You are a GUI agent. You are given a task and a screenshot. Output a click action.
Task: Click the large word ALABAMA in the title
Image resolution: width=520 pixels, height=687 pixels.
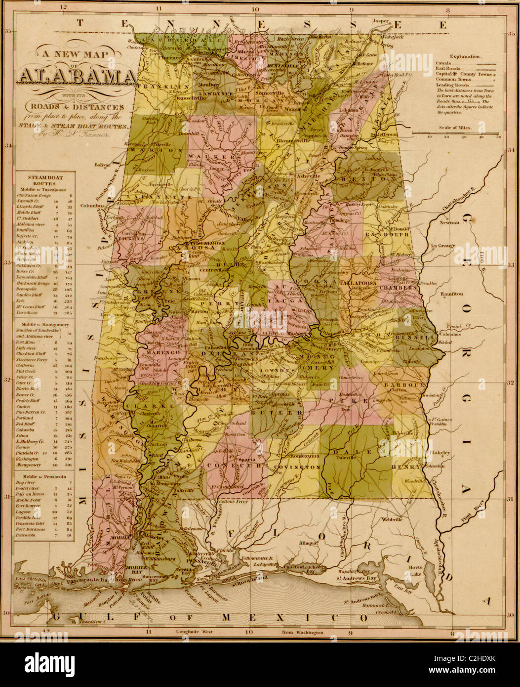77,76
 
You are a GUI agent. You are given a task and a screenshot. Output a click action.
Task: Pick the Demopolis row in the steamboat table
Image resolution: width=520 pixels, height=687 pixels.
33,288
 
